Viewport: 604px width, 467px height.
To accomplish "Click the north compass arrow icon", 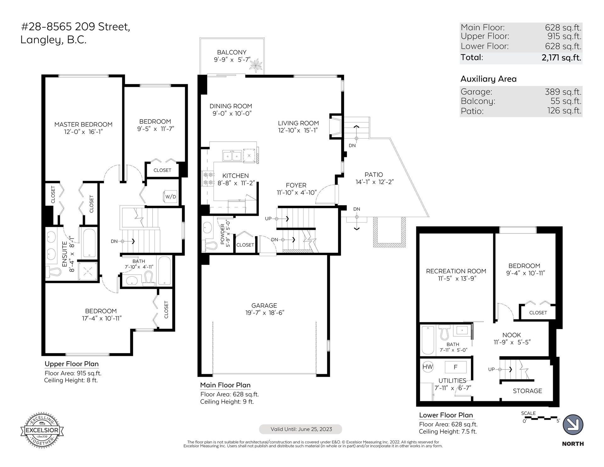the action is coord(573,425).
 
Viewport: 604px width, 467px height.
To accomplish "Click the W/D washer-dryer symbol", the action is coord(171,197).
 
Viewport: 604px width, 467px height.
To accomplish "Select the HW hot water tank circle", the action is coord(428,367).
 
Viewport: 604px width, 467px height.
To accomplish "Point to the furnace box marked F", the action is coord(455,367).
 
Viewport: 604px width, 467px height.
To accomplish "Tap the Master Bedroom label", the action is coord(83,124).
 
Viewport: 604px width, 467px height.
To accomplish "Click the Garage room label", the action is coord(264,305).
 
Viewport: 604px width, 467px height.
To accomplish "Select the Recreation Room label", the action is coord(456,271).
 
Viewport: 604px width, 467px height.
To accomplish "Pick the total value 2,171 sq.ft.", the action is coord(561,58).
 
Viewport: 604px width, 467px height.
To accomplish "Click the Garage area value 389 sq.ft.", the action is coord(563,92).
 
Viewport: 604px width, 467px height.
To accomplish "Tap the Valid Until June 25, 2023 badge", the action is coord(301,429).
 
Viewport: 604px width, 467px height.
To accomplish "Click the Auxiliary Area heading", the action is coord(489,79).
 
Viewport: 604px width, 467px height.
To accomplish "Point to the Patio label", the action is coord(374,175).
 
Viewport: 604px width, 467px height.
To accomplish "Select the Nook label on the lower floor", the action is coord(512,335).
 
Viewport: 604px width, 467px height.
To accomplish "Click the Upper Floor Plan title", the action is coord(72,364).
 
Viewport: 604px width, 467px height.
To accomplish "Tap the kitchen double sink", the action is coord(232,156).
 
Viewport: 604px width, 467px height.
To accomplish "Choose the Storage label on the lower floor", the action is coord(528,391).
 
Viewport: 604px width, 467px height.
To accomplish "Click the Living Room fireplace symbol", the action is coord(335,126).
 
